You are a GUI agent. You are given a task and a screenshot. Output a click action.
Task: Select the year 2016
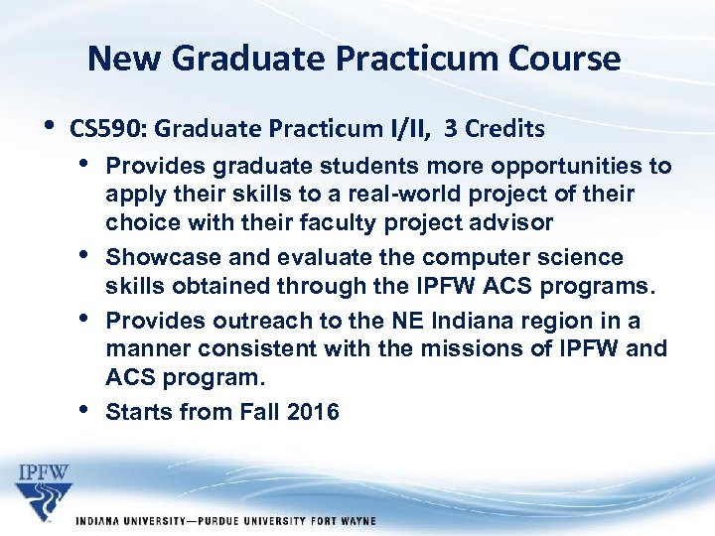coord(312,412)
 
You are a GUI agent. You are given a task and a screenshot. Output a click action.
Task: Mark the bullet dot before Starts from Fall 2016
coord(83,410)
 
